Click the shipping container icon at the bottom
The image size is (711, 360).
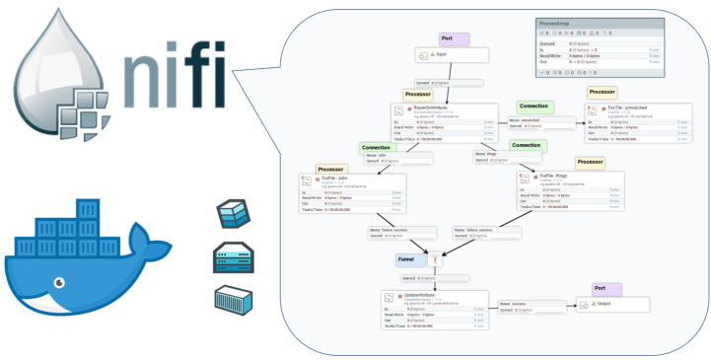234,301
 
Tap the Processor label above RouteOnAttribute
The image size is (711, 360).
419,95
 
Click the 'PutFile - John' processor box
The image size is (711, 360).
349,191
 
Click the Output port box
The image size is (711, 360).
612,306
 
